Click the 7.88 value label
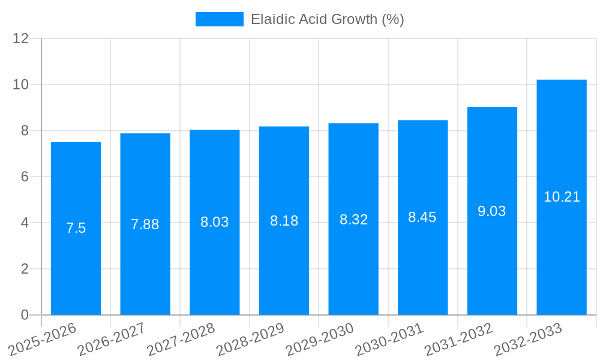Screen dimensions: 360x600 pyautogui.click(x=145, y=224)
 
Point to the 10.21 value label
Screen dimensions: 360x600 pyautogui.click(x=562, y=197)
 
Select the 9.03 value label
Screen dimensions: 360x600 pyautogui.click(x=492, y=211)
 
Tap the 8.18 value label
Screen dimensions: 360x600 pyautogui.click(x=284, y=221)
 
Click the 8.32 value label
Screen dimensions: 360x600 pyautogui.click(x=353, y=220)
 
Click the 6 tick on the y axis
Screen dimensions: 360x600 pyautogui.click(x=25, y=177)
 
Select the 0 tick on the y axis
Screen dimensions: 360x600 pyautogui.click(x=25, y=315)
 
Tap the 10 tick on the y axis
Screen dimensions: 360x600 pyautogui.click(x=21, y=85)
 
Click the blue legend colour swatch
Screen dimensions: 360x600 pyautogui.click(x=219, y=19)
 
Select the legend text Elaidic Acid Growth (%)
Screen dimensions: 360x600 pyautogui.click(x=327, y=19)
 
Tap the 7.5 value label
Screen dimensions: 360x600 pyautogui.click(x=76, y=228)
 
